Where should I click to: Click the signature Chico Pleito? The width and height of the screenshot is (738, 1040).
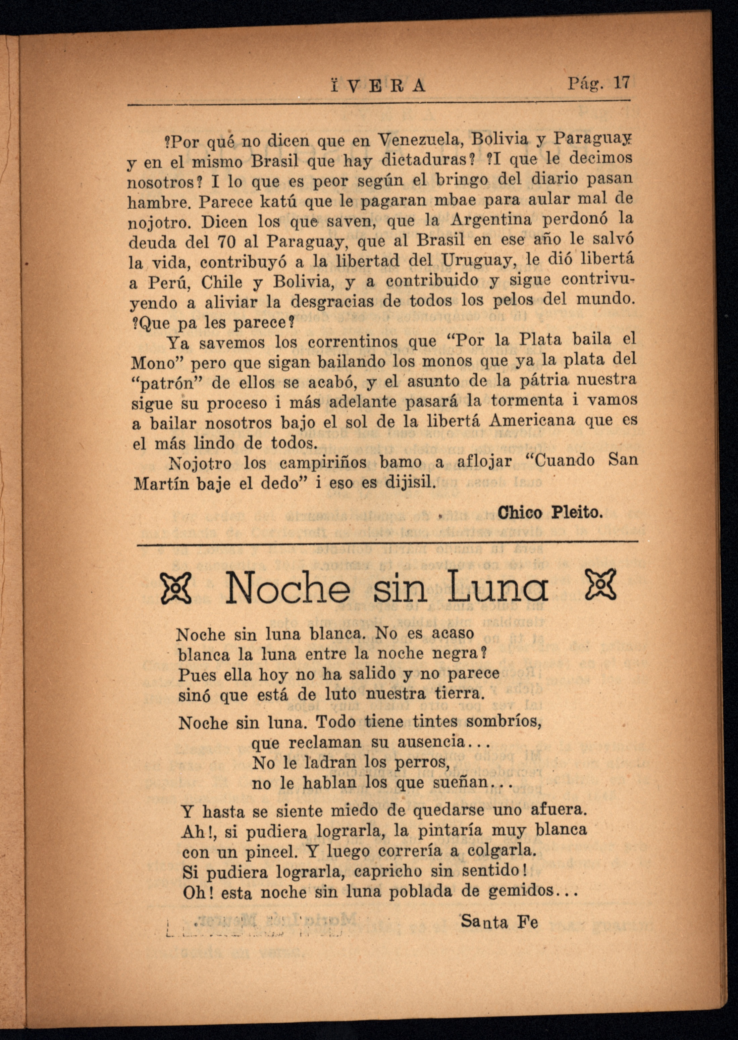[x=550, y=513]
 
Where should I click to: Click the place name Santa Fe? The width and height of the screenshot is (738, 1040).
[x=499, y=922]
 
